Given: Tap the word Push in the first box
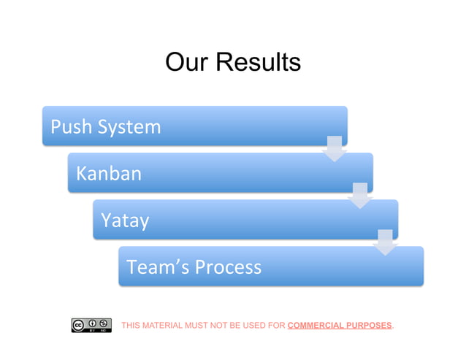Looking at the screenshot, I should pyautogui.click(x=72, y=127).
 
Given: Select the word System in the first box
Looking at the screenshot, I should pyautogui.click(x=129, y=127).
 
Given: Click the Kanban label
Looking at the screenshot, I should pyautogui.click(x=109, y=174).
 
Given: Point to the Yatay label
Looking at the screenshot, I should pyautogui.click(x=125, y=220).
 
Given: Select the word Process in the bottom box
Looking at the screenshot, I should pyautogui.click(x=227, y=267).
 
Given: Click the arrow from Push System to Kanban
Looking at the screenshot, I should pyautogui.click(x=335, y=148).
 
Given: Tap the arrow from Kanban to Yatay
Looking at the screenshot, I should pyautogui.click(x=360, y=196).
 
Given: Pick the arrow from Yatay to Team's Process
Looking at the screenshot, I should pyautogui.click(x=385, y=242).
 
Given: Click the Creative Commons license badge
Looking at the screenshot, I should pyautogui.click(x=91, y=326).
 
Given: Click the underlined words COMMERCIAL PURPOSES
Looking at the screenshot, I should pyautogui.click(x=340, y=325).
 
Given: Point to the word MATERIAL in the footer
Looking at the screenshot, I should pyautogui.click(x=164, y=325).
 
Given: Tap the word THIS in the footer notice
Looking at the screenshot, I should pyautogui.click(x=131, y=325).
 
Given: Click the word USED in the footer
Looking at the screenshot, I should pyautogui.click(x=253, y=325).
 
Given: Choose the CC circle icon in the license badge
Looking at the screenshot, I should pyautogui.click(x=78, y=324).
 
